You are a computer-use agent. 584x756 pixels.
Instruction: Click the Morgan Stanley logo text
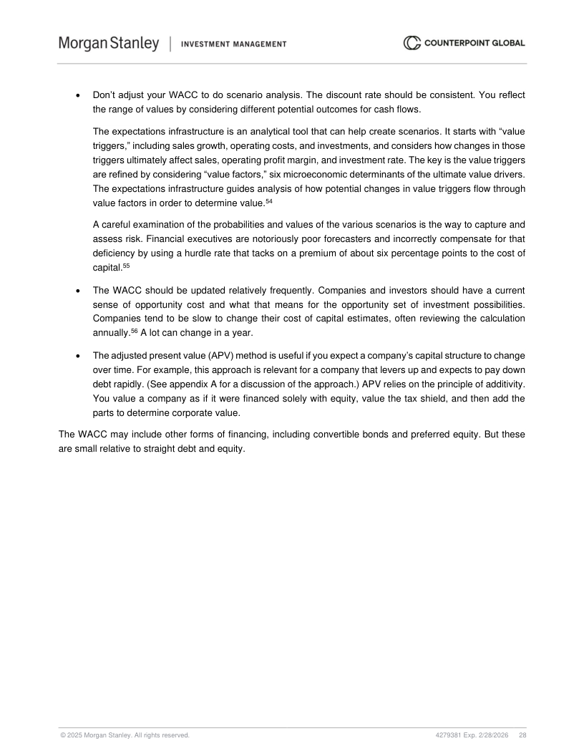tap(109, 44)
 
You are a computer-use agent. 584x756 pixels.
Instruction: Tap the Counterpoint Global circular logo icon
tap(412, 43)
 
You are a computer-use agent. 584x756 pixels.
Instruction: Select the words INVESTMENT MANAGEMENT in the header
tap(234, 44)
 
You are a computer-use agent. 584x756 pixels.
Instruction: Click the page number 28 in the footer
tap(522, 735)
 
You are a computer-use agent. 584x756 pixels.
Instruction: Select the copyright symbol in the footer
tap(62, 735)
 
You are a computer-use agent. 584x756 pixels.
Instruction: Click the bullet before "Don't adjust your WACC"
tap(77, 95)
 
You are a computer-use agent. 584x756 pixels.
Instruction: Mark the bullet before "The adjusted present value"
tap(77, 355)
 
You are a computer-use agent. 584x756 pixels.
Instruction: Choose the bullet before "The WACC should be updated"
tap(77, 291)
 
